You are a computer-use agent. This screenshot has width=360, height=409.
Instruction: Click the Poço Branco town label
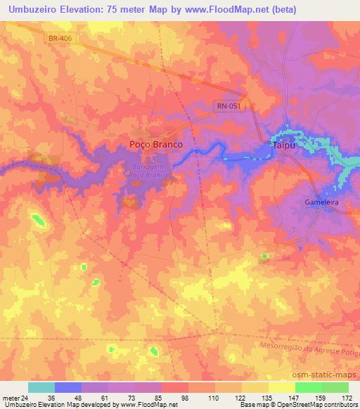(x=157, y=143)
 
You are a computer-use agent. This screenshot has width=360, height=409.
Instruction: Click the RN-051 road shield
(x=229, y=105)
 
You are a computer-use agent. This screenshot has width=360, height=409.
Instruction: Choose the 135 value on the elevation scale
(x=268, y=398)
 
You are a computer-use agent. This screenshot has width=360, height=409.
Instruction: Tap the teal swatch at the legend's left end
(x=41, y=387)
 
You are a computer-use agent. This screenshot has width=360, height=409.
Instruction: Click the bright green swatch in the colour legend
(x=308, y=387)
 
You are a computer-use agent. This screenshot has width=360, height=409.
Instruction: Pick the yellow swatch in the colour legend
(x=281, y=387)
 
